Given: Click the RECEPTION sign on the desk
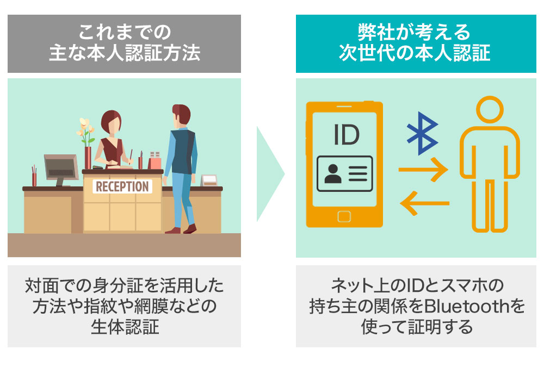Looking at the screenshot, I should (x=122, y=186).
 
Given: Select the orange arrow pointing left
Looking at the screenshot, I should (x=424, y=203).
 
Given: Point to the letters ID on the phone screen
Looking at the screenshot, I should (x=347, y=134).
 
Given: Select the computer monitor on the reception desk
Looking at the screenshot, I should (x=58, y=166).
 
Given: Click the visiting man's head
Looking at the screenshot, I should (x=181, y=115).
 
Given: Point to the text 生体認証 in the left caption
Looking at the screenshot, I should (x=124, y=327).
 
